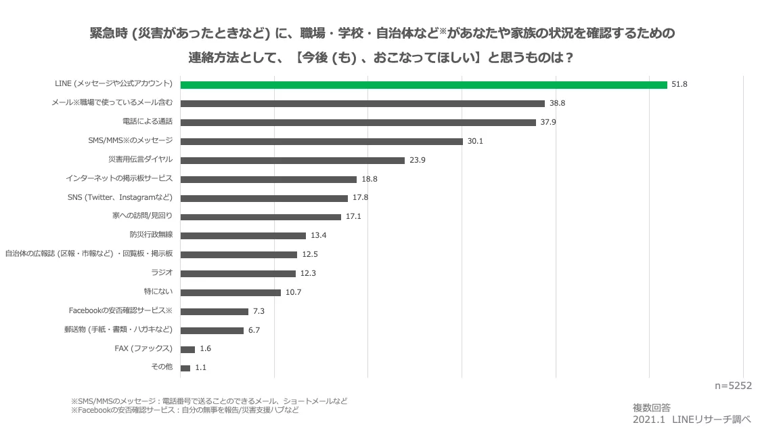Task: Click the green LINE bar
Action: point(424,85)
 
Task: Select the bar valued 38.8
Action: point(363,104)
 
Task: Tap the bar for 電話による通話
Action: point(359,123)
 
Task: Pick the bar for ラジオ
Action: point(238,274)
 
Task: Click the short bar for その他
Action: point(185,368)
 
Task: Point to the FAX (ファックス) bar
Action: point(187,349)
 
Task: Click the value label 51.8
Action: point(679,85)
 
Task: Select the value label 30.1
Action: point(476,142)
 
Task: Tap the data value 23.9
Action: point(417,161)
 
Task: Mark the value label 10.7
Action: point(293,293)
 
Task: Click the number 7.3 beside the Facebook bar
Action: point(259,312)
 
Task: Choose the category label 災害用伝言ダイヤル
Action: point(140,159)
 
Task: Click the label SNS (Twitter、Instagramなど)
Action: point(124,197)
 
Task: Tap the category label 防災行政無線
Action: point(152,235)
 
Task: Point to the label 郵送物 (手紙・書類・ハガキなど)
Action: point(118,329)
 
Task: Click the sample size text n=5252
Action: point(734,385)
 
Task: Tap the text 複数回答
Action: point(652,408)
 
